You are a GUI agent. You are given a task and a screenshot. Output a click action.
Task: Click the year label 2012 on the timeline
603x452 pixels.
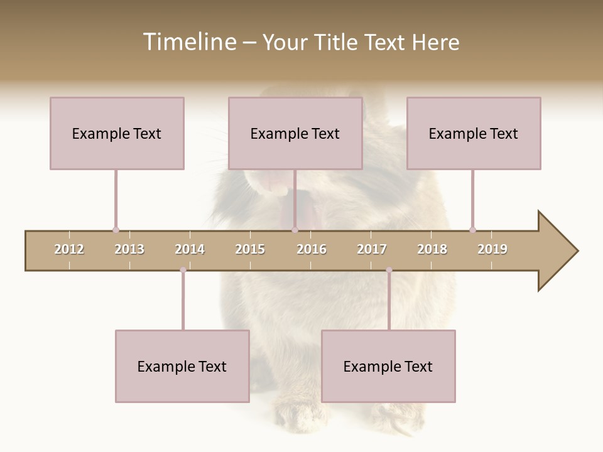tap(69, 249)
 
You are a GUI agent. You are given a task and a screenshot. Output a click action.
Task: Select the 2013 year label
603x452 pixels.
tap(129, 249)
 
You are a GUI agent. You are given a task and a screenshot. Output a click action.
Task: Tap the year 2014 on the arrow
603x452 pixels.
tap(190, 249)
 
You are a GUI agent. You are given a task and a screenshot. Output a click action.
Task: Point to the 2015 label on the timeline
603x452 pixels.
tap(250, 249)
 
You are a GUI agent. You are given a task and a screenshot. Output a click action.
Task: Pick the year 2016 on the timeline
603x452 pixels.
tap(312, 249)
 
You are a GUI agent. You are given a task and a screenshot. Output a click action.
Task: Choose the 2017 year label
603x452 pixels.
tap(372, 249)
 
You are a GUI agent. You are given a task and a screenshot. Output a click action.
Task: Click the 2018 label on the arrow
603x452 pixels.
tap(432, 249)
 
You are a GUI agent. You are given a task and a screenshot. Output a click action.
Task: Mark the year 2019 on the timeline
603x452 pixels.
tap(492, 249)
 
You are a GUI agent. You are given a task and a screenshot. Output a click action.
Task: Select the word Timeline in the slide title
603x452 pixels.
tap(188, 42)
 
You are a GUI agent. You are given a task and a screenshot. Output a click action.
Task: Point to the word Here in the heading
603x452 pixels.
tap(435, 42)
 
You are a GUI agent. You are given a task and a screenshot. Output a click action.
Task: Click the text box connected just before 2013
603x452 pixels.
tap(117, 133)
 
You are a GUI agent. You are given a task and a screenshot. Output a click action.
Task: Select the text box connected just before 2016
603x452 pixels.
tap(295, 133)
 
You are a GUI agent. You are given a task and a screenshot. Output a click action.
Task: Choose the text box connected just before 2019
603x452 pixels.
tap(474, 133)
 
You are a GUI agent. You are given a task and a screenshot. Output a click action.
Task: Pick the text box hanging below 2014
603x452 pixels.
tap(182, 366)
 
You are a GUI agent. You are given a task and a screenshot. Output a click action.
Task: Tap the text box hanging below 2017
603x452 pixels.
tap(388, 366)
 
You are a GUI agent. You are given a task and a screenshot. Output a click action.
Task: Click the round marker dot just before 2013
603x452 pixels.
tap(116, 230)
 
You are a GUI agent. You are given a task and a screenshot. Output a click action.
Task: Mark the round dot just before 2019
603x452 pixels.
tap(472, 230)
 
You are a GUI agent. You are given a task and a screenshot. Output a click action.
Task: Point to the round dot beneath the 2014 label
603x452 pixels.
tap(183, 270)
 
